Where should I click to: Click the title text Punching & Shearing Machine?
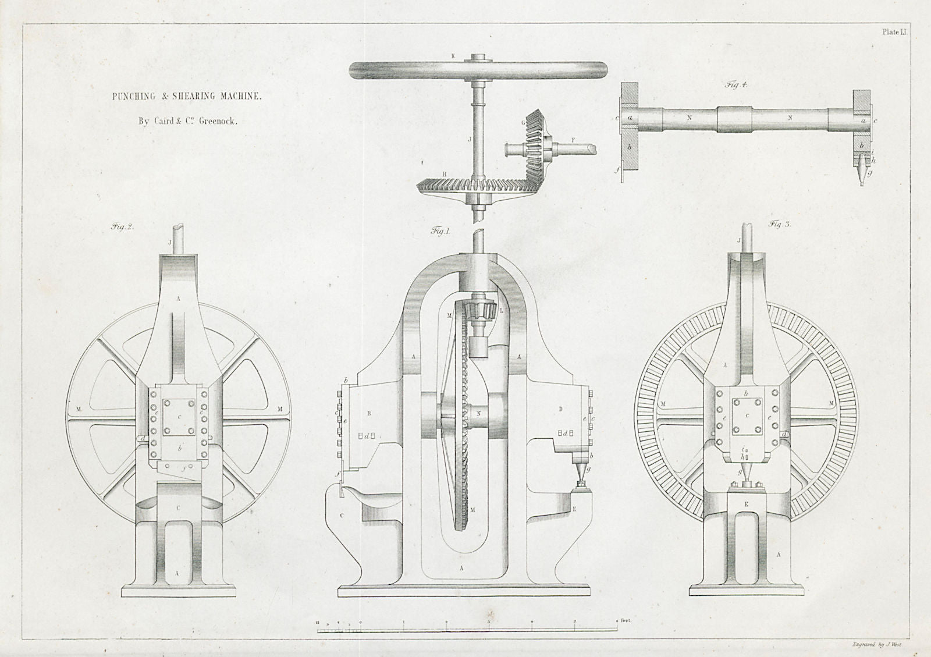pyautogui.click(x=187, y=97)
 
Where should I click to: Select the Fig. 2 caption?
pyautogui.click(x=123, y=228)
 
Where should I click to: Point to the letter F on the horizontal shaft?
pyautogui.click(x=573, y=140)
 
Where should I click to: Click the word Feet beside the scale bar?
pyautogui.click(x=626, y=621)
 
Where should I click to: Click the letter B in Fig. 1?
pyautogui.click(x=369, y=414)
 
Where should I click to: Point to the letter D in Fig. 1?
pyautogui.click(x=561, y=409)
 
